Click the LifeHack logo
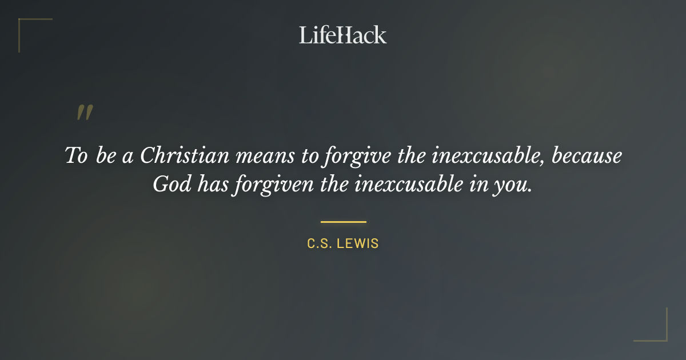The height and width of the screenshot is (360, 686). click(342, 35)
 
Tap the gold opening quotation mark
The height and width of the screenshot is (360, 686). click(84, 113)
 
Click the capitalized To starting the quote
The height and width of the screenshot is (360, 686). click(75, 156)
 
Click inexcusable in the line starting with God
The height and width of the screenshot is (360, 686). click(409, 185)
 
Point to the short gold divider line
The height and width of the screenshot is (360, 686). click(343, 222)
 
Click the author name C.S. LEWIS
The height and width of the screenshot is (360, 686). click(343, 244)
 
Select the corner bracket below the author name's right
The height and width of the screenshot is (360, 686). click(652, 326)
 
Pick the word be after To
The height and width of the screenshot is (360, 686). click(106, 156)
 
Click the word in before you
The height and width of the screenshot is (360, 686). click(478, 185)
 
